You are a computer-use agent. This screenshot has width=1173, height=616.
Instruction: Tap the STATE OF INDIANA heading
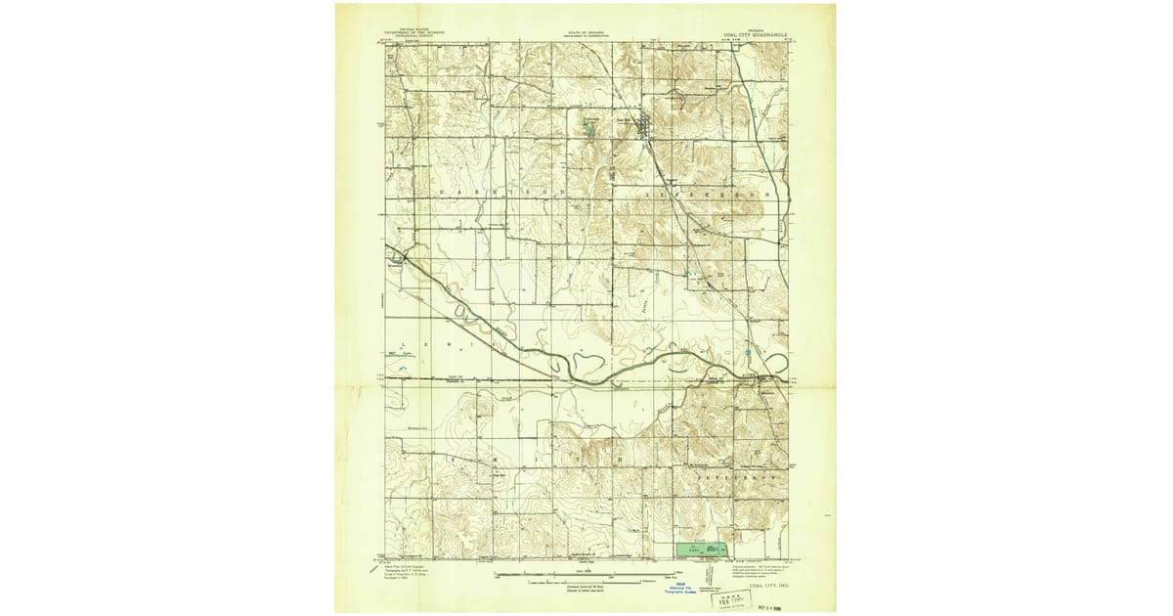pyautogui.click(x=586, y=33)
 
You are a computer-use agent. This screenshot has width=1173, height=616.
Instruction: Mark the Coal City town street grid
pyautogui.click(x=644, y=125)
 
